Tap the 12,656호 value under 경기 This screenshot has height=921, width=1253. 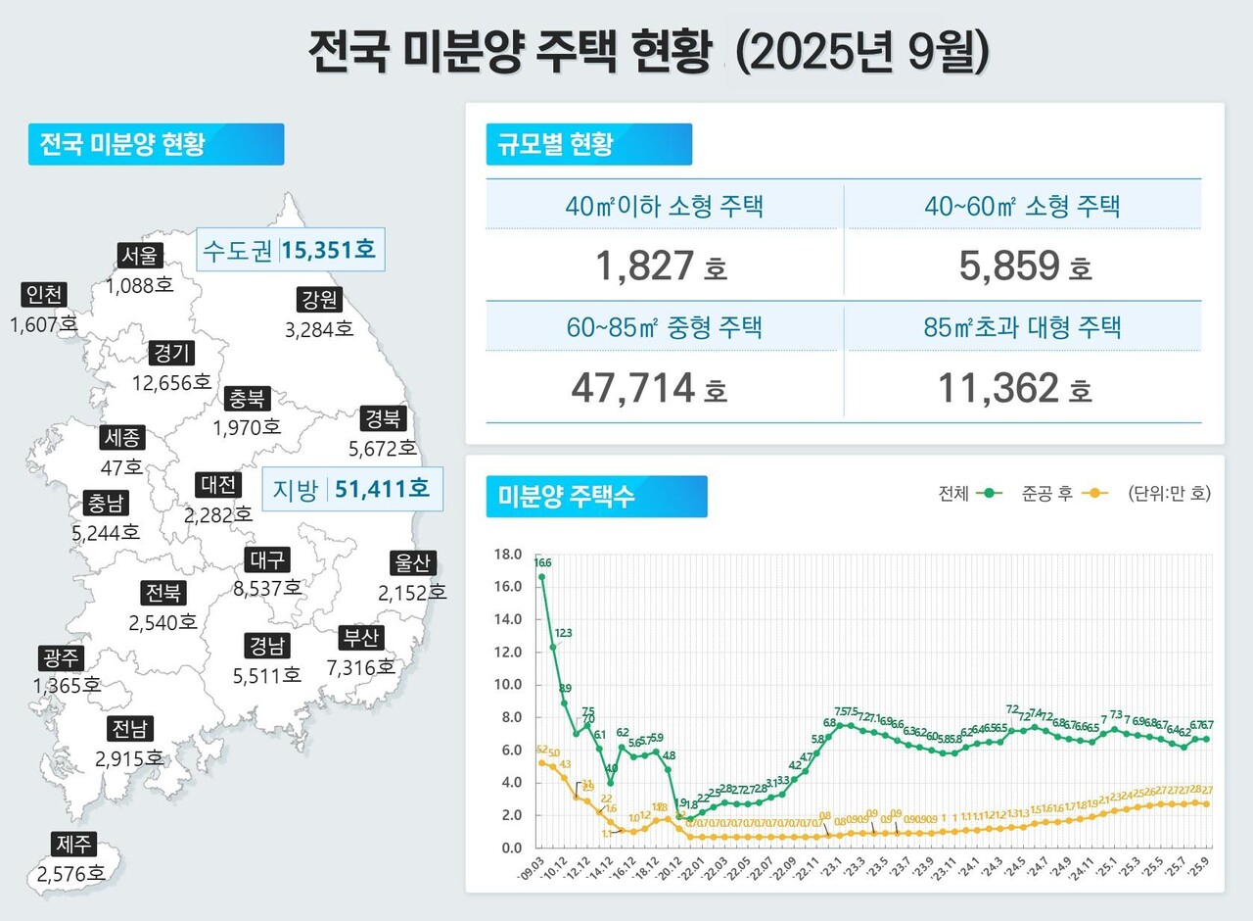(172, 382)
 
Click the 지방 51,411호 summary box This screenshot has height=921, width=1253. (353, 488)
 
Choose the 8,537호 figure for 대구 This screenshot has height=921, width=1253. (266, 589)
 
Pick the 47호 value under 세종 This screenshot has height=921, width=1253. (121, 466)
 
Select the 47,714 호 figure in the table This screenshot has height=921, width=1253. (648, 389)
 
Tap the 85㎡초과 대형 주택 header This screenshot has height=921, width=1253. (1023, 327)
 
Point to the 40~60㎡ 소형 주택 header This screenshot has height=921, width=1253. (1023, 206)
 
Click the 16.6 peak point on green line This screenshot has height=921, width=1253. (542, 576)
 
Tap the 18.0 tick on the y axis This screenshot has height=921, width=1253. (508, 555)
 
